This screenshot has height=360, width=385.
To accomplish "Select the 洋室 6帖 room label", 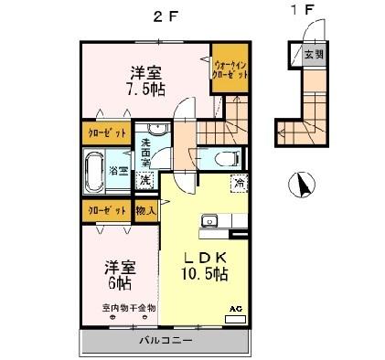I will pos(120,276).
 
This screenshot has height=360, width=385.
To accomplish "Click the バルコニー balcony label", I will pos(166,341).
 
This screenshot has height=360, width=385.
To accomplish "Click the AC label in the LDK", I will pos(232,310).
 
